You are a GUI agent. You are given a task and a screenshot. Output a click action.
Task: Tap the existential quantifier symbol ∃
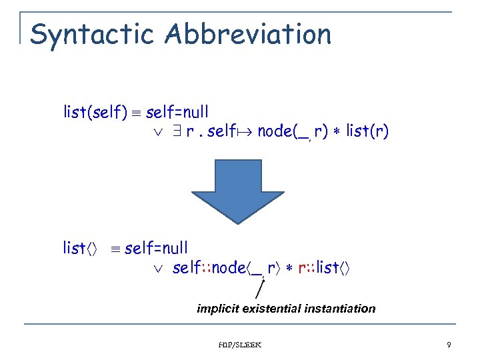click(178, 131)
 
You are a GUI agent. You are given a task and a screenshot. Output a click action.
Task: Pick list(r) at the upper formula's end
click(367, 131)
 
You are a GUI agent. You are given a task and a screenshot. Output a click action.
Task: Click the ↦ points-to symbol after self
click(245, 131)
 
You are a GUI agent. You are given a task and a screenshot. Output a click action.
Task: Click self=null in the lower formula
click(156, 249)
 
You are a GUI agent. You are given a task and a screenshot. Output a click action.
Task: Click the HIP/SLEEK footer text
click(241, 345)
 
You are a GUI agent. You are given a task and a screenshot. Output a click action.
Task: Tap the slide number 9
click(449, 345)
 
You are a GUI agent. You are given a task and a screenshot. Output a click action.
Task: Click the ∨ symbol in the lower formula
click(157, 269)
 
